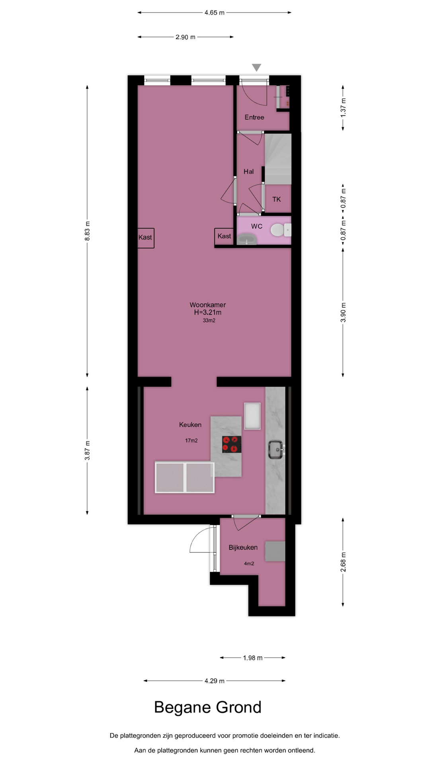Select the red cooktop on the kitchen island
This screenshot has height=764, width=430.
(232, 444)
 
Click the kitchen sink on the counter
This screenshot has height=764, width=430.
(276, 449)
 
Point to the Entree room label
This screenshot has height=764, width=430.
(254, 117)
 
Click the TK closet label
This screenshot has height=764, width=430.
(276, 199)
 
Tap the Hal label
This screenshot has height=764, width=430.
(248, 172)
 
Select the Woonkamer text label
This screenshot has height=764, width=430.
(207, 305)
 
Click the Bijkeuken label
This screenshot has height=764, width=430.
(243, 548)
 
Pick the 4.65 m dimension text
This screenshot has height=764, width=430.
(215, 13)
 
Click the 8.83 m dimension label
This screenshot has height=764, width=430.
(87, 231)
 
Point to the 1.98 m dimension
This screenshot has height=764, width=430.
(253, 658)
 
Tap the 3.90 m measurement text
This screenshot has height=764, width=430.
(343, 313)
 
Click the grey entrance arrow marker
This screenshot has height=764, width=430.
(256, 68)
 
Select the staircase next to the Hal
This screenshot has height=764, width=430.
(278, 159)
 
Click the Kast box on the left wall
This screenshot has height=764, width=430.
(146, 238)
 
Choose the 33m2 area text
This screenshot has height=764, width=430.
(209, 320)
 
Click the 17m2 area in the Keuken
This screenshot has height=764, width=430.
(191, 440)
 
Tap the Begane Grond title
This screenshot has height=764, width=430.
(207, 707)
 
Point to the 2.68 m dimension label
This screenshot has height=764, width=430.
(343, 562)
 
